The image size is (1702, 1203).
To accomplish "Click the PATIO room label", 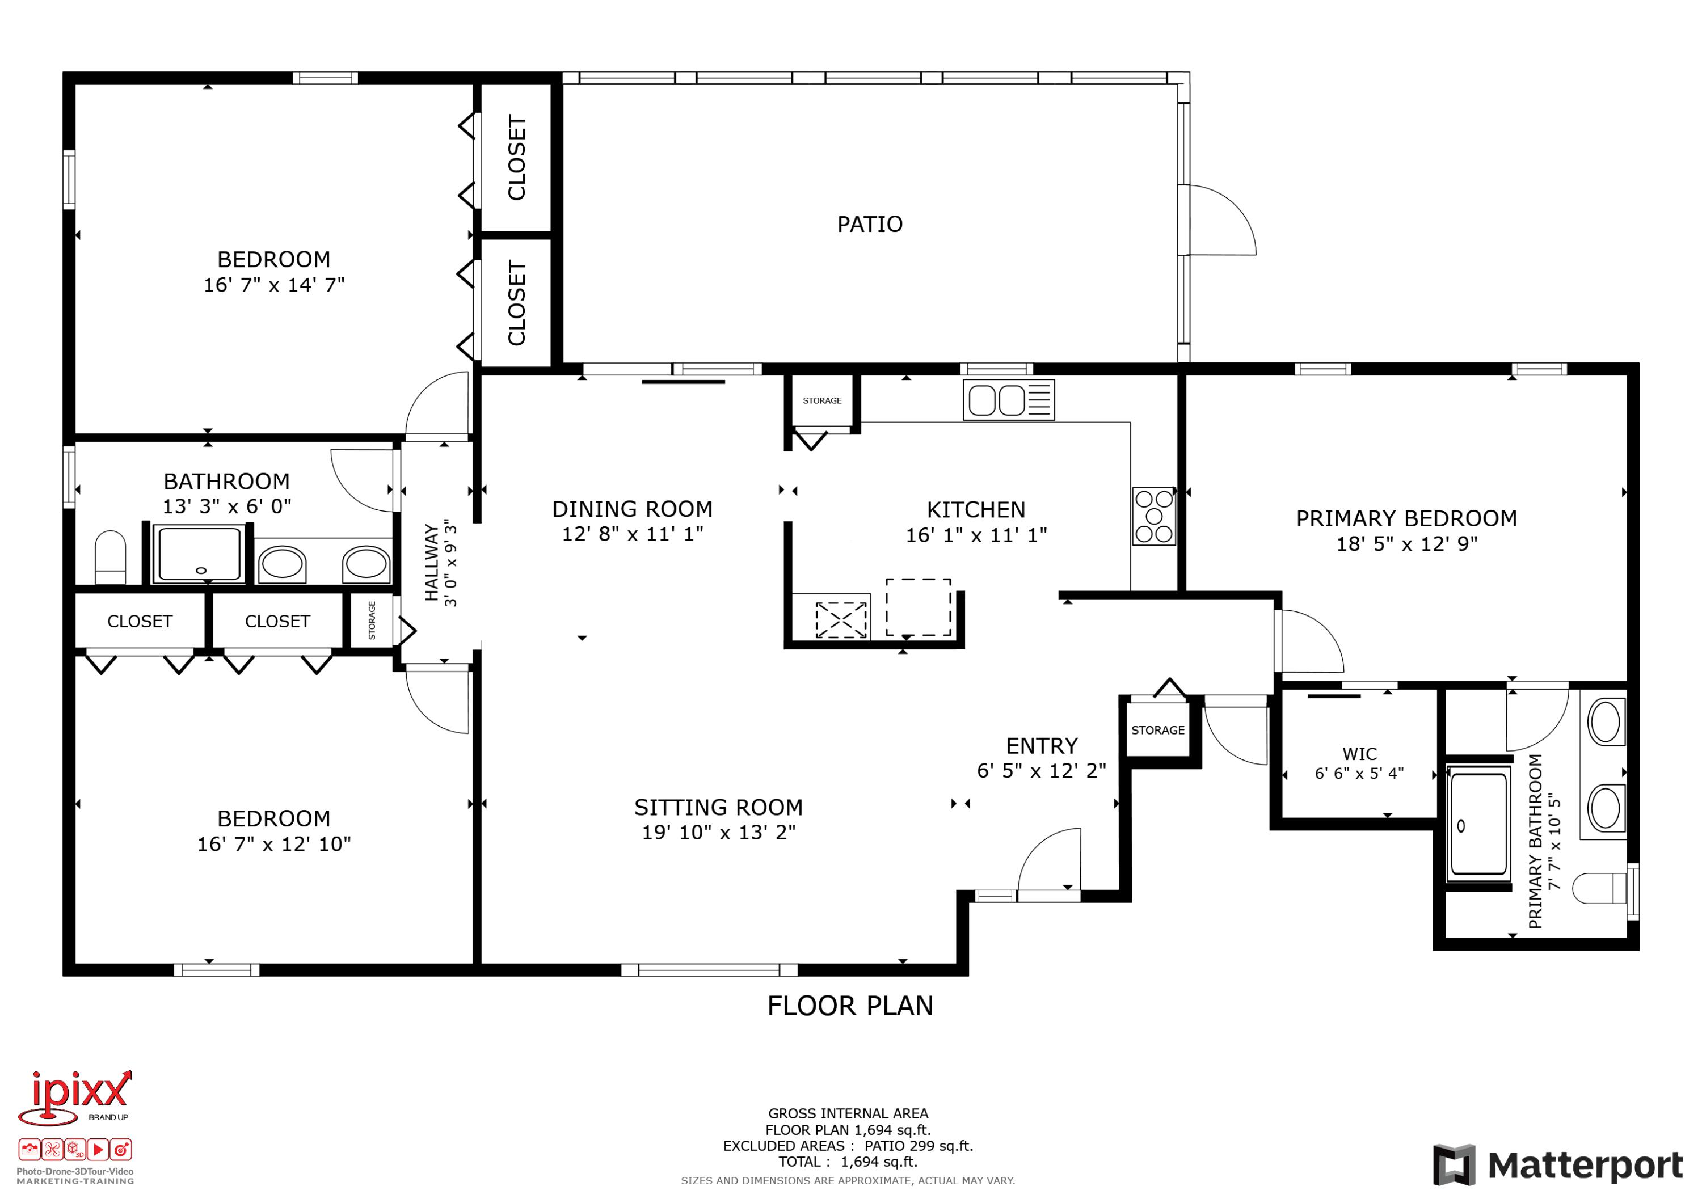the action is click(870, 224).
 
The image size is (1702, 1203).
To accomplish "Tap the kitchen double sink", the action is click(1008, 400).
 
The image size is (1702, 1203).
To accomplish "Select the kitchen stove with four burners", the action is click(1153, 516).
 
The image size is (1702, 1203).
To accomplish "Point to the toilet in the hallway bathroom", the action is click(111, 558).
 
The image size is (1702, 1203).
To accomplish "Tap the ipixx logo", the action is click(74, 1098).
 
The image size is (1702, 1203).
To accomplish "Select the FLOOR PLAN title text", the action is click(850, 1006).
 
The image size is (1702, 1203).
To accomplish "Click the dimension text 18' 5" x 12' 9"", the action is click(1406, 544).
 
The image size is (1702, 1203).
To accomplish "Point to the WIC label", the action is click(1359, 754).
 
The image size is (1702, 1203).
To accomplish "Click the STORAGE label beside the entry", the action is click(1157, 730).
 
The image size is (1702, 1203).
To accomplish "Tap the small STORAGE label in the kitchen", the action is click(822, 400).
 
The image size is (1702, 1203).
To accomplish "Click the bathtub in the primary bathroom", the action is click(1479, 823).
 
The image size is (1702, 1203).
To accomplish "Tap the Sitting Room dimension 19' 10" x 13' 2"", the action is click(718, 833).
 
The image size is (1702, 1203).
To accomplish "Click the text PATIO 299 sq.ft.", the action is click(919, 1146).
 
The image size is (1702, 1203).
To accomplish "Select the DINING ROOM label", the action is click(633, 509).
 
